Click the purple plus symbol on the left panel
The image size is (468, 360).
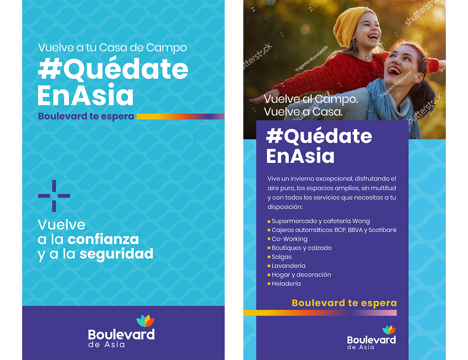click(54, 196)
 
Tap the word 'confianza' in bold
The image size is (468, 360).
click(103, 239)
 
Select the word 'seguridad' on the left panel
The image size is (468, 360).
click(116, 254)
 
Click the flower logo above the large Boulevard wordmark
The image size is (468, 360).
click(146, 321)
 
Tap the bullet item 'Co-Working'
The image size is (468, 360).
click(289, 239)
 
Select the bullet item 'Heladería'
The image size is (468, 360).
click(286, 283)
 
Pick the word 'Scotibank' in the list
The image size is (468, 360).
click(382, 230)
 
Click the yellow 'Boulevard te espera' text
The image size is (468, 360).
click(344, 303)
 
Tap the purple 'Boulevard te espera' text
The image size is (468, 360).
click(86, 116)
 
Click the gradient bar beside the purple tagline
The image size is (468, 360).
click(180, 116)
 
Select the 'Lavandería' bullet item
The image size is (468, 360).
click(288, 266)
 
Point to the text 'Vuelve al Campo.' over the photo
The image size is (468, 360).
click(311, 99)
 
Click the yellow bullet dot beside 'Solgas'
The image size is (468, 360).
click(269, 257)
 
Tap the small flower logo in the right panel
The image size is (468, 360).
click(389, 330)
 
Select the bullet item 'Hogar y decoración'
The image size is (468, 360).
click(301, 275)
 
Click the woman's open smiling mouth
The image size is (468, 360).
click(394, 71)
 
